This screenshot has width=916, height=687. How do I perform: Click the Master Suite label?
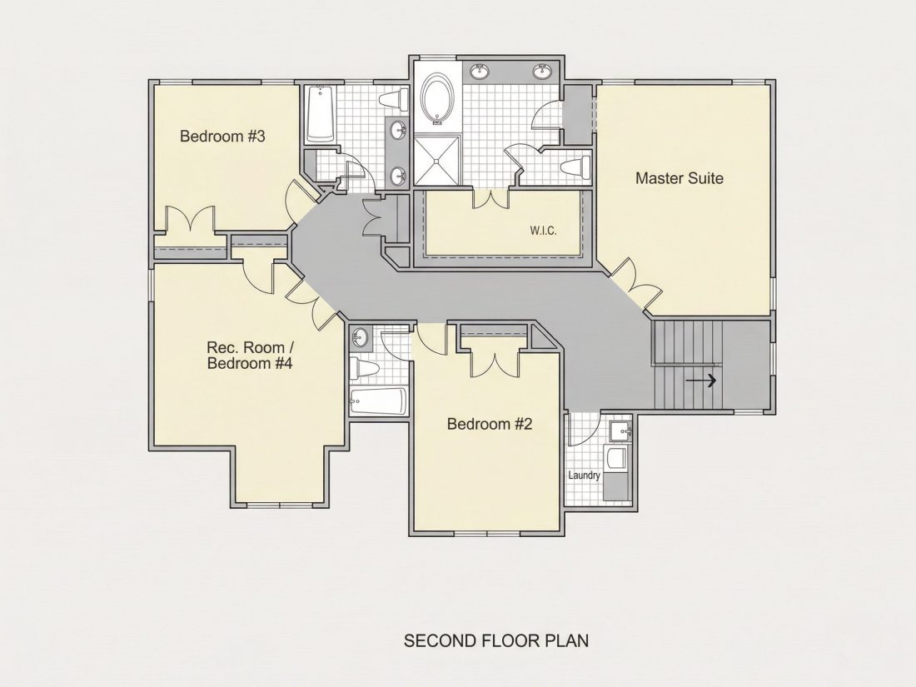tap(679, 178)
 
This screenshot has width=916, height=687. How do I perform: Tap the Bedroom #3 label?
tap(222, 136)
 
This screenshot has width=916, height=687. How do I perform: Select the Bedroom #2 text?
tap(490, 424)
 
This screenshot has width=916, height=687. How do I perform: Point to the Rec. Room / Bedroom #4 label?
tap(250, 356)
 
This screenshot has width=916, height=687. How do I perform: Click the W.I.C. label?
tap(543, 231)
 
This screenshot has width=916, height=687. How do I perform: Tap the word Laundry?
tap(585, 475)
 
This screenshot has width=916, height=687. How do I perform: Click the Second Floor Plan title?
tap(496, 641)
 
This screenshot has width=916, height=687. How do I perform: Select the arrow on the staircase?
tap(701, 381)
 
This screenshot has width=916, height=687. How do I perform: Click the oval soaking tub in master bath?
tap(436, 99)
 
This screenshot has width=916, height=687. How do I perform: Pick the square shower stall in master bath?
tap(437, 160)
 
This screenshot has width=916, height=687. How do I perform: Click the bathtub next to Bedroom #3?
tap(320, 114)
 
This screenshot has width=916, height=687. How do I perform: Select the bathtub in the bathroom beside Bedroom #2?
tap(378, 401)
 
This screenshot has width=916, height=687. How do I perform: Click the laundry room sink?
tap(620, 431)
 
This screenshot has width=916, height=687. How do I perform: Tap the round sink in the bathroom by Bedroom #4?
tap(359, 337)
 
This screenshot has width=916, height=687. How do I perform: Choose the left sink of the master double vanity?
tap(480, 72)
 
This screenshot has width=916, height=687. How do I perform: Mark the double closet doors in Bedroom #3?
tap(192, 220)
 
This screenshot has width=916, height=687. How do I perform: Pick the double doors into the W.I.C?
tap(491, 199)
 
